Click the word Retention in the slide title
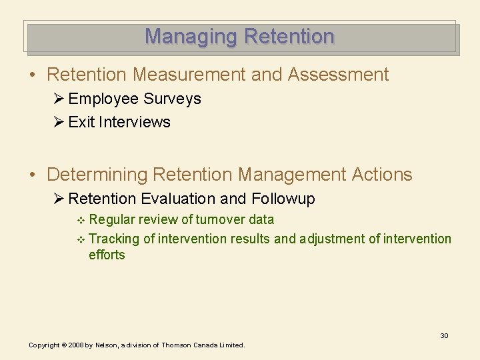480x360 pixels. tap(288, 36)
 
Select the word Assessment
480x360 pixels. tap(338, 75)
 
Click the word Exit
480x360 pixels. tap(81, 123)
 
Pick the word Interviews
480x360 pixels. tap(135, 123)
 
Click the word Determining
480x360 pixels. tap(97, 175)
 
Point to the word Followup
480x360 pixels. tap(283, 199)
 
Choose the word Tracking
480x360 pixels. tap(113, 239)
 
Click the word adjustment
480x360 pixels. tap(333, 239)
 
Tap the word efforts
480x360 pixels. tap(107, 255)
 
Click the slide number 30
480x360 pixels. tap(444, 335)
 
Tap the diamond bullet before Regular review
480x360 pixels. tap(81, 221)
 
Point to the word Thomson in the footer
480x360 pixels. tap(176, 345)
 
